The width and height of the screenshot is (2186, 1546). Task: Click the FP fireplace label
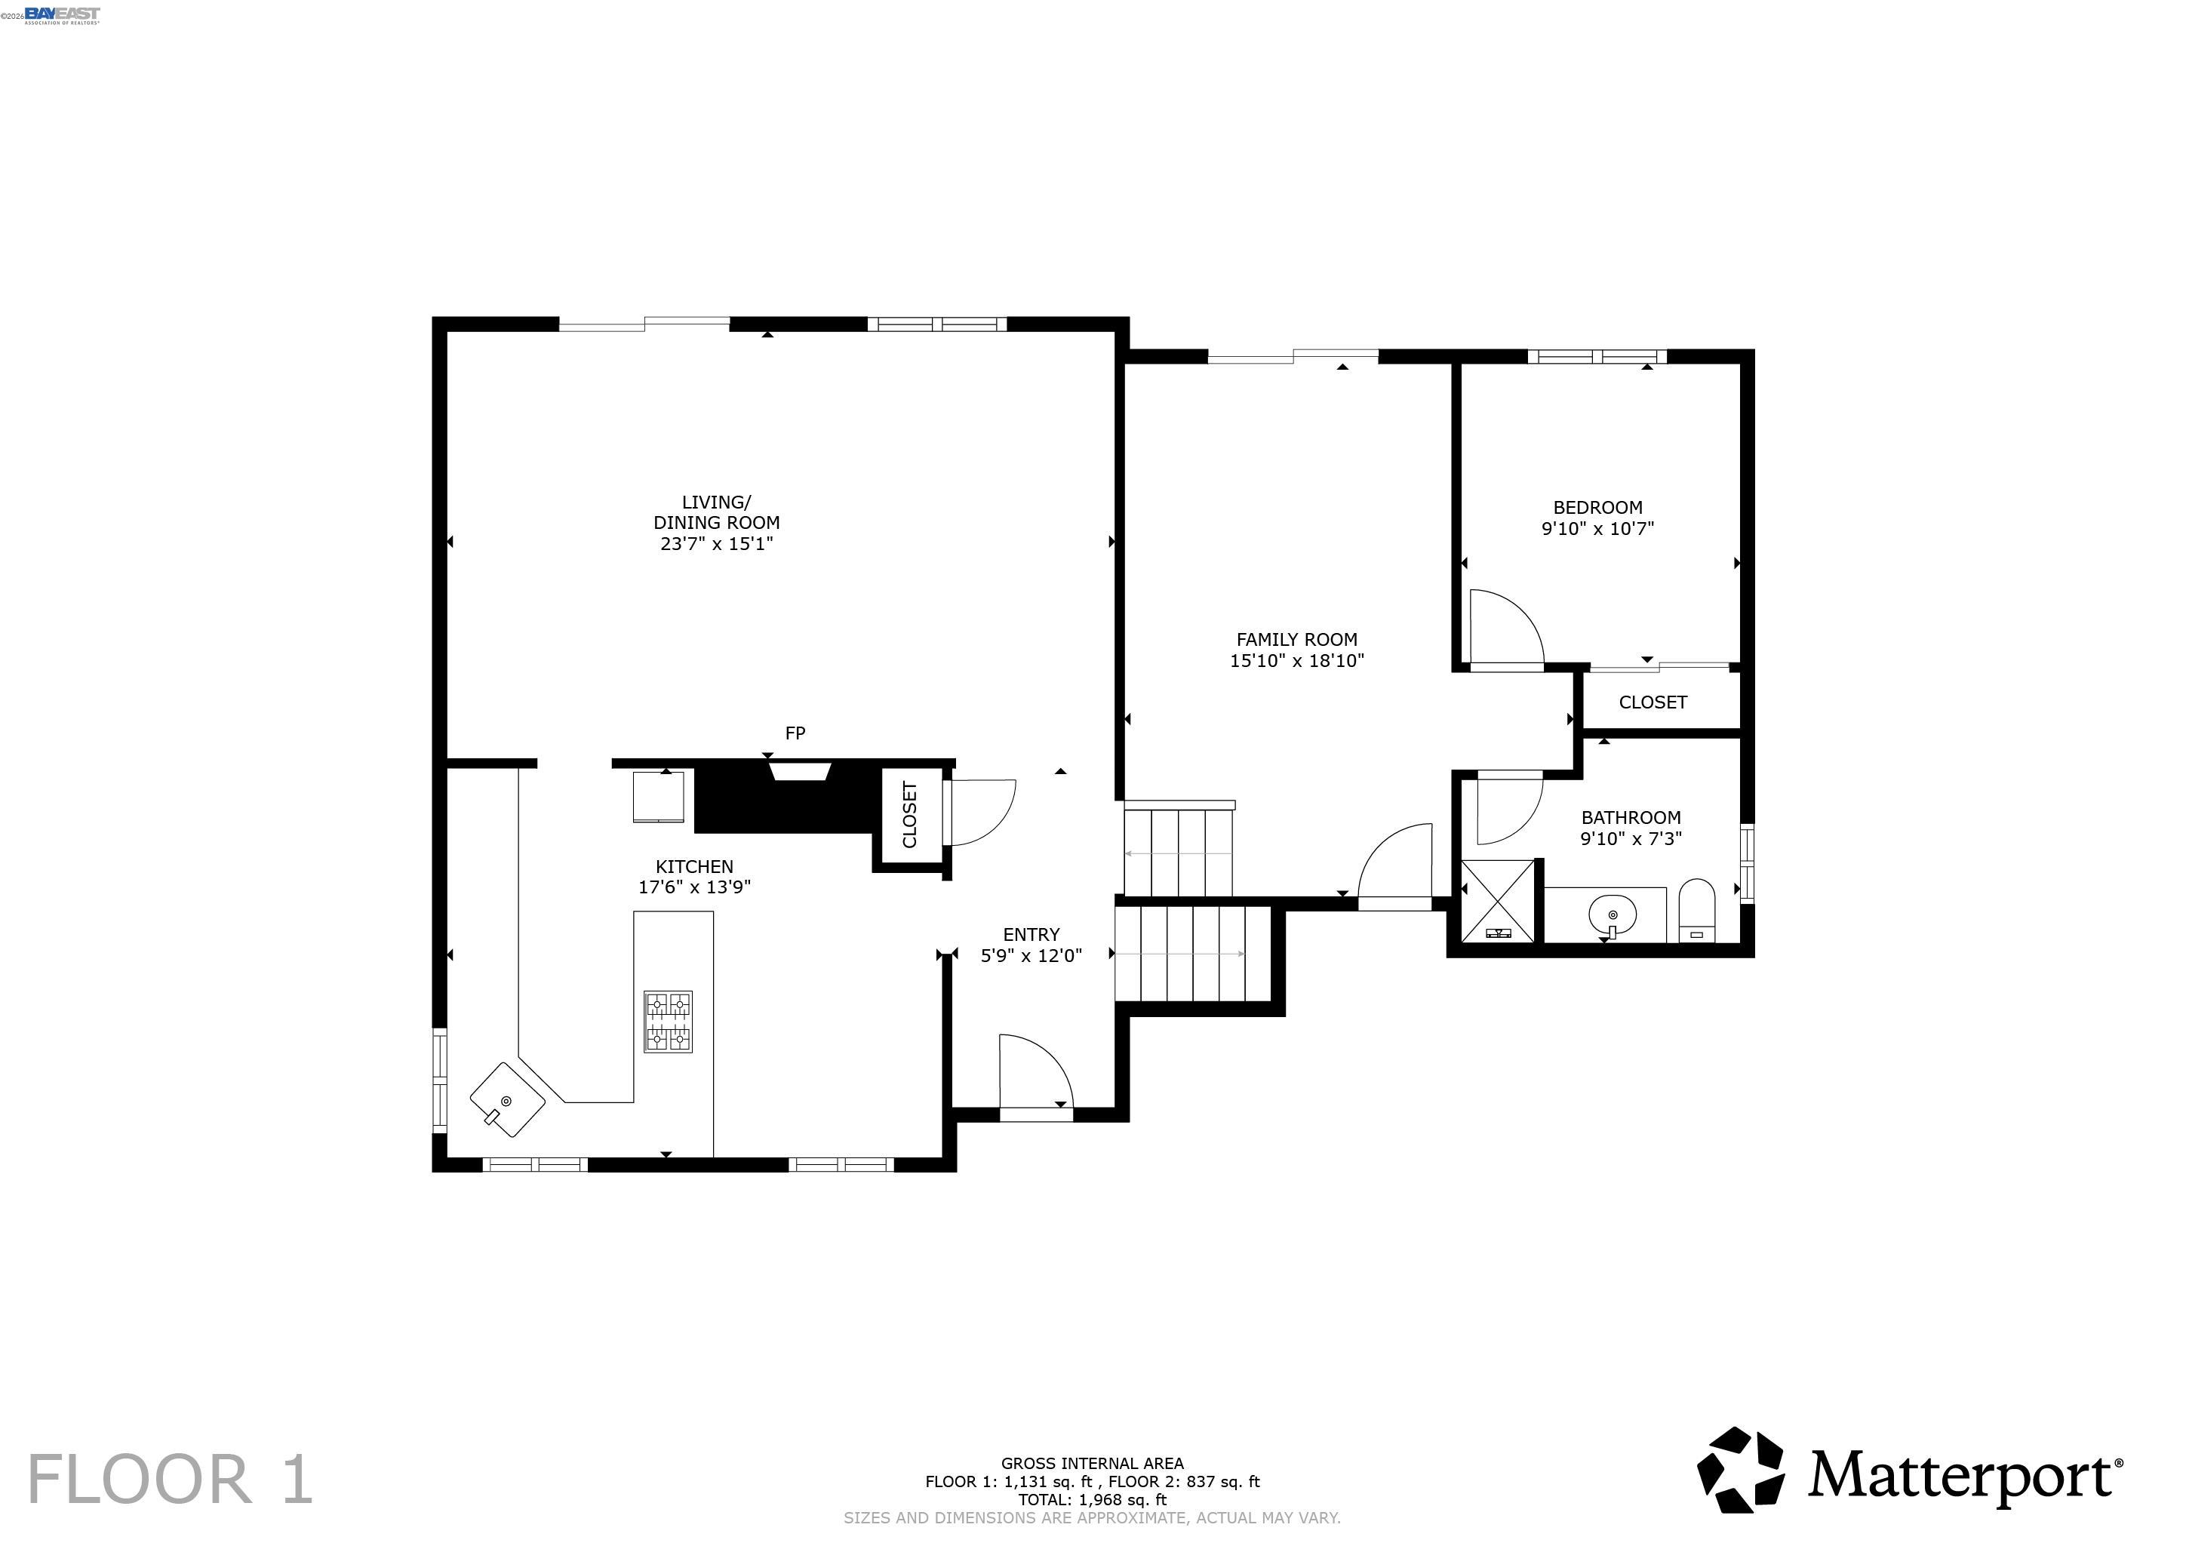click(795, 733)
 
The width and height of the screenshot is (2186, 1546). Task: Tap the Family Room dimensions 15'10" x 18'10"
click(1297, 661)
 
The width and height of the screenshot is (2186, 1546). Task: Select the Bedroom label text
click(1597, 507)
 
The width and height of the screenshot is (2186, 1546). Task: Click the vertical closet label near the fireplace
click(909, 815)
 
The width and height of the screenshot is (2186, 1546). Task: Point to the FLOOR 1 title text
click(170, 1480)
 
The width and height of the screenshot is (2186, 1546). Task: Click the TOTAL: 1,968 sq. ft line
click(1092, 1499)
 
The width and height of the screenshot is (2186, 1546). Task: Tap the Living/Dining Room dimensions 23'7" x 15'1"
click(717, 543)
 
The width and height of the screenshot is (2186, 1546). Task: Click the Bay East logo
click(62, 14)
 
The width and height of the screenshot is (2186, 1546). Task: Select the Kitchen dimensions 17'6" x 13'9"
click(695, 887)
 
